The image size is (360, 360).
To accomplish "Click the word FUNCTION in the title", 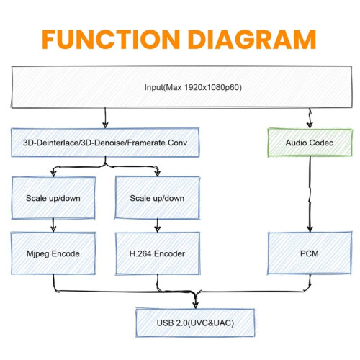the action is coord(111,40).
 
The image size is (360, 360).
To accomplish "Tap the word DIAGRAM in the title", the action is coord(252,40).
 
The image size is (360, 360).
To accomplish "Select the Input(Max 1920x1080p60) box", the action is coord(181,87).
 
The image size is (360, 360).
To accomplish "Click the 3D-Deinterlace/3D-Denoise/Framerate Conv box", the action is coord(105,143).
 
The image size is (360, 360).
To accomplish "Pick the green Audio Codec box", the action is coord(310,143).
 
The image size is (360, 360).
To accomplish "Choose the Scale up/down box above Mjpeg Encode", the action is coord(53,198).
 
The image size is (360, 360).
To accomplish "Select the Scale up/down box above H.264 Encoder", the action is coord(157,198).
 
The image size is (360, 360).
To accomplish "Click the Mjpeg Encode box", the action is coord(53,253).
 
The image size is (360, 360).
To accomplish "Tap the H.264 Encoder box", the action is coord(158,253).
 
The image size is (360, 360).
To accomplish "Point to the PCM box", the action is coord(310,253).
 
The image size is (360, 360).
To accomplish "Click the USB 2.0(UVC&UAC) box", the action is coord(195,323).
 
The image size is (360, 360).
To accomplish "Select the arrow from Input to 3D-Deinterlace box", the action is coord(105,118).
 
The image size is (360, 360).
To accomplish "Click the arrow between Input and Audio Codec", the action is coord(310,118).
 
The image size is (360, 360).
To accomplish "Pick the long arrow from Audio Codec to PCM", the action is coord(310,194).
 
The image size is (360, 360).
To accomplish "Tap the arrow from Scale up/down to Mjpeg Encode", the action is coord(53,225).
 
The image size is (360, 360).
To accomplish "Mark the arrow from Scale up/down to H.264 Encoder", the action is coord(158,225).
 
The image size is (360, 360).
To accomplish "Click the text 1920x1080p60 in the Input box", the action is coord(213,87).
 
